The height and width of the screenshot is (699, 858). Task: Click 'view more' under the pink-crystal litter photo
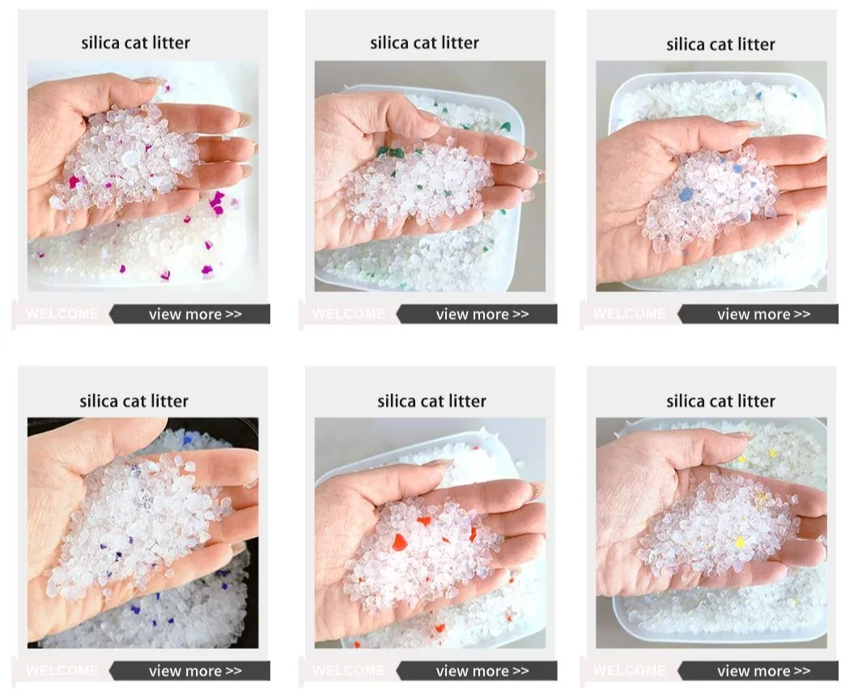click(x=195, y=314)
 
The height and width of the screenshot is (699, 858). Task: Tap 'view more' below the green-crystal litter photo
click(x=482, y=314)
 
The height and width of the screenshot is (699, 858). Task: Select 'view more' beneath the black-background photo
click(x=195, y=671)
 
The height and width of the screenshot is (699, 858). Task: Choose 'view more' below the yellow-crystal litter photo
click(x=763, y=671)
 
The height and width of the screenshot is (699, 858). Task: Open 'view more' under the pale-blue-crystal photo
click(x=763, y=314)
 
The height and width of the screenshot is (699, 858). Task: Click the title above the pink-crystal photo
click(x=135, y=43)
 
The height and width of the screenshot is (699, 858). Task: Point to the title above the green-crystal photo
click(x=424, y=43)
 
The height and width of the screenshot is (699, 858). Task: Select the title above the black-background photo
click(x=134, y=400)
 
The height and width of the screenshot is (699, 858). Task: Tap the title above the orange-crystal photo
click(x=431, y=400)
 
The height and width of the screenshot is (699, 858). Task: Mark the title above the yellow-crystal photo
click(x=720, y=400)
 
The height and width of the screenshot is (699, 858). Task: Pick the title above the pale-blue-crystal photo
click(x=720, y=44)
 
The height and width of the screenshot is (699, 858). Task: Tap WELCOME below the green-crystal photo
click(x=349, y=314)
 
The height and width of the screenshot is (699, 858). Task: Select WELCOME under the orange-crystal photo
click(x=349, y=671)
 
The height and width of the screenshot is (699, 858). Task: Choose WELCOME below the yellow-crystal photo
click(x=630, y=671)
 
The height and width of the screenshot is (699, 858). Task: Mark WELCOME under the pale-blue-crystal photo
click(x=630, y=314)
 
